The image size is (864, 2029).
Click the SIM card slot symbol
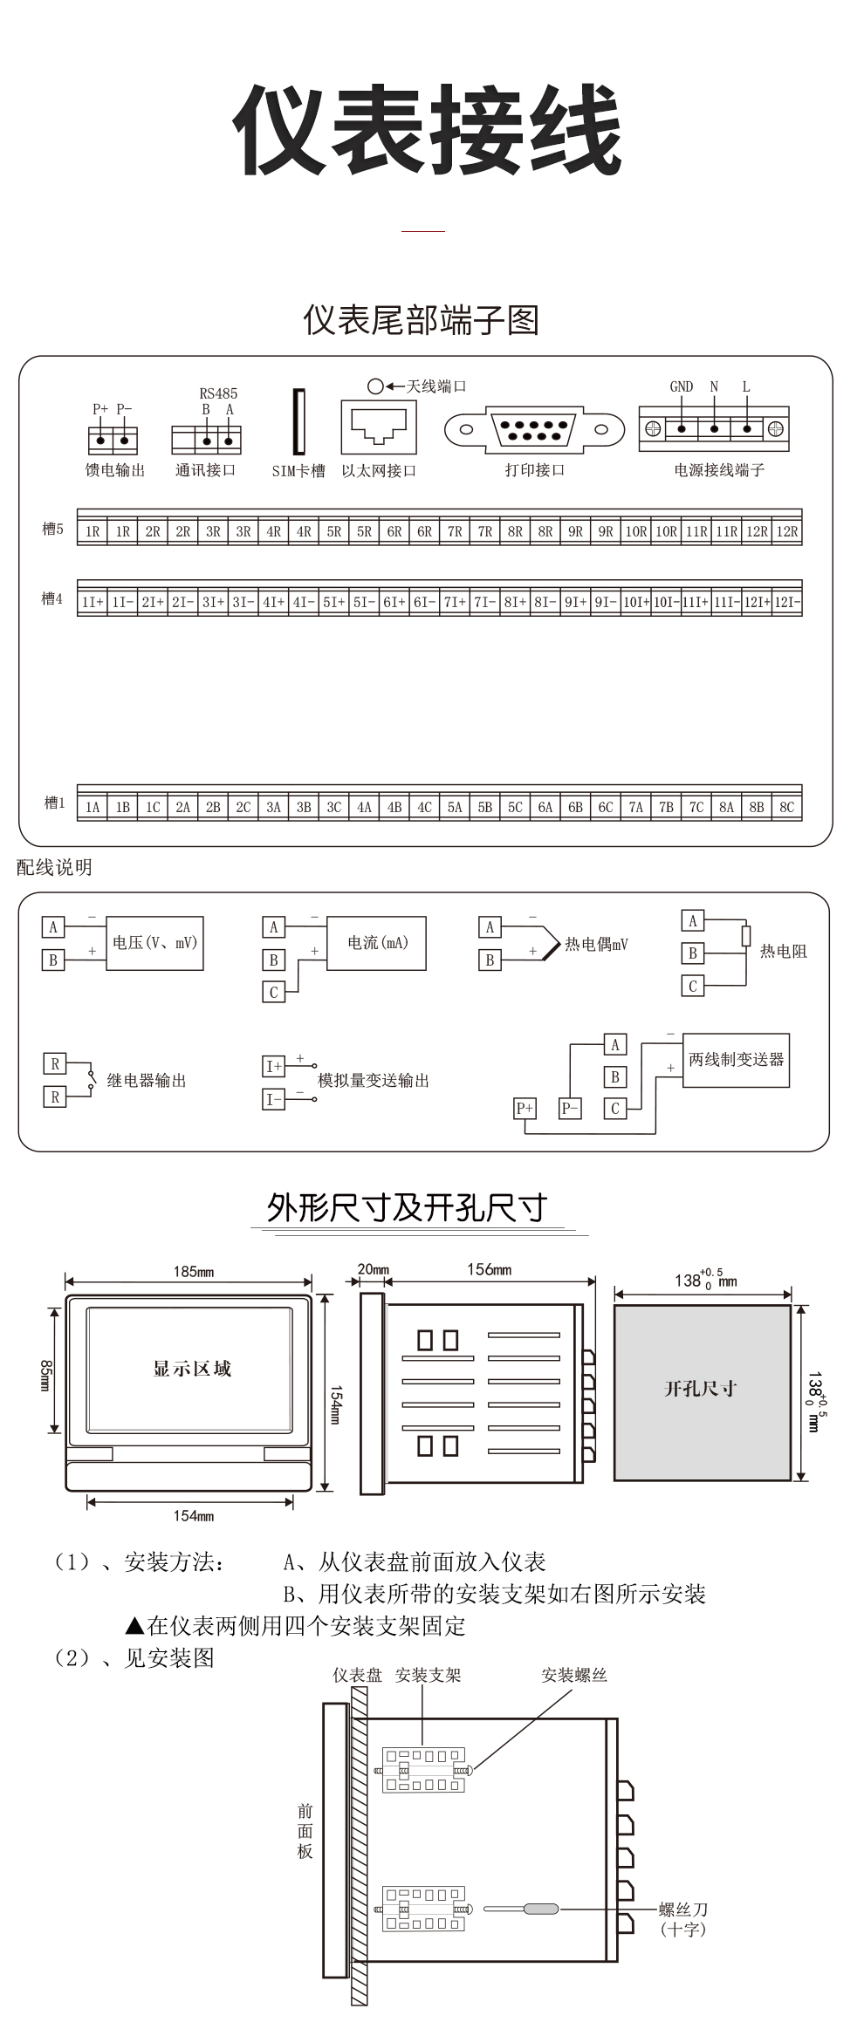pos(298,422)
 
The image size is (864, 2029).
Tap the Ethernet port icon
pos(378,427)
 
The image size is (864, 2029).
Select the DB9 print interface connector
pos(534,429)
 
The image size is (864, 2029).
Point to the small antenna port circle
pos(375,386)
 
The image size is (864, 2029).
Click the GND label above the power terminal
pos(681,386)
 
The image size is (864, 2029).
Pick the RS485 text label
pos(218,393)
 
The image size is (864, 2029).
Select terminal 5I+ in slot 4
pos(333,602)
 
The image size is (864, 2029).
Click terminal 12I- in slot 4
pos(786,602)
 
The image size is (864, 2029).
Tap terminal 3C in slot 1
pos(333,807)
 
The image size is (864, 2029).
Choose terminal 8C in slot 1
pos(786,807)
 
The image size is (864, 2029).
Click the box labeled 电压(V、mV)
pos(154,943)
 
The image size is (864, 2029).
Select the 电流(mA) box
pos(376,943)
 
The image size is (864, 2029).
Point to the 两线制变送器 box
pos(736,1060)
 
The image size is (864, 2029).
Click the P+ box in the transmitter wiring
pos(525,1108)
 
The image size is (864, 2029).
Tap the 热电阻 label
pos(783,952)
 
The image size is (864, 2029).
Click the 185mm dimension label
pos(193,1271)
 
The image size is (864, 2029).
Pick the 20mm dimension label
pos(374,1269)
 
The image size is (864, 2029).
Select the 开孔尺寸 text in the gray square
pos(701,1389)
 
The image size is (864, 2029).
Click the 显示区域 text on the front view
pos(192,1369)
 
